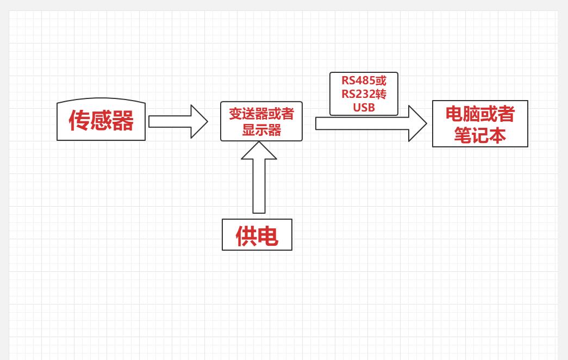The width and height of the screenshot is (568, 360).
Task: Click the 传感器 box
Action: pos(101,120)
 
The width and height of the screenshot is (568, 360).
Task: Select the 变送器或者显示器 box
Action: pos(261,121)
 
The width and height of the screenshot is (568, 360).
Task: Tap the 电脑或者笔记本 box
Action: pos(480,123)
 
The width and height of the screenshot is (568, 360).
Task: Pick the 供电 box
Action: pos(257,234)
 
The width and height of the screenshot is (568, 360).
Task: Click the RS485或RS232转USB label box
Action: pos(364,94)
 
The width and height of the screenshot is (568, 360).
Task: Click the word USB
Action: pos(364,107)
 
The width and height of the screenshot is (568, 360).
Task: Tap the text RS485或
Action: pos(364,80)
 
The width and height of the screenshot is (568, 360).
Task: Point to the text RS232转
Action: pos(364,94)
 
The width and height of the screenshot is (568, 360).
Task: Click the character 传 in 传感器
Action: pos(79,121)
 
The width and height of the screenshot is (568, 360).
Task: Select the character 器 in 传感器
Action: pos(123,121)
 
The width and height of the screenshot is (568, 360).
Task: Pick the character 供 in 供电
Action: pos(246,235)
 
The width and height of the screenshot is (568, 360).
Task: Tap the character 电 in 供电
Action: pos(268,235)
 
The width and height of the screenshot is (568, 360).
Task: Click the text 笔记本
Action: pos(480,135)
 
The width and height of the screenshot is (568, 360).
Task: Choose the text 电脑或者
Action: pos(480,113)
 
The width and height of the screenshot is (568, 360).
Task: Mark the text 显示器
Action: pos(261,130)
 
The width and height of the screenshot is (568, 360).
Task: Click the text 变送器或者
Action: pos(261,113)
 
